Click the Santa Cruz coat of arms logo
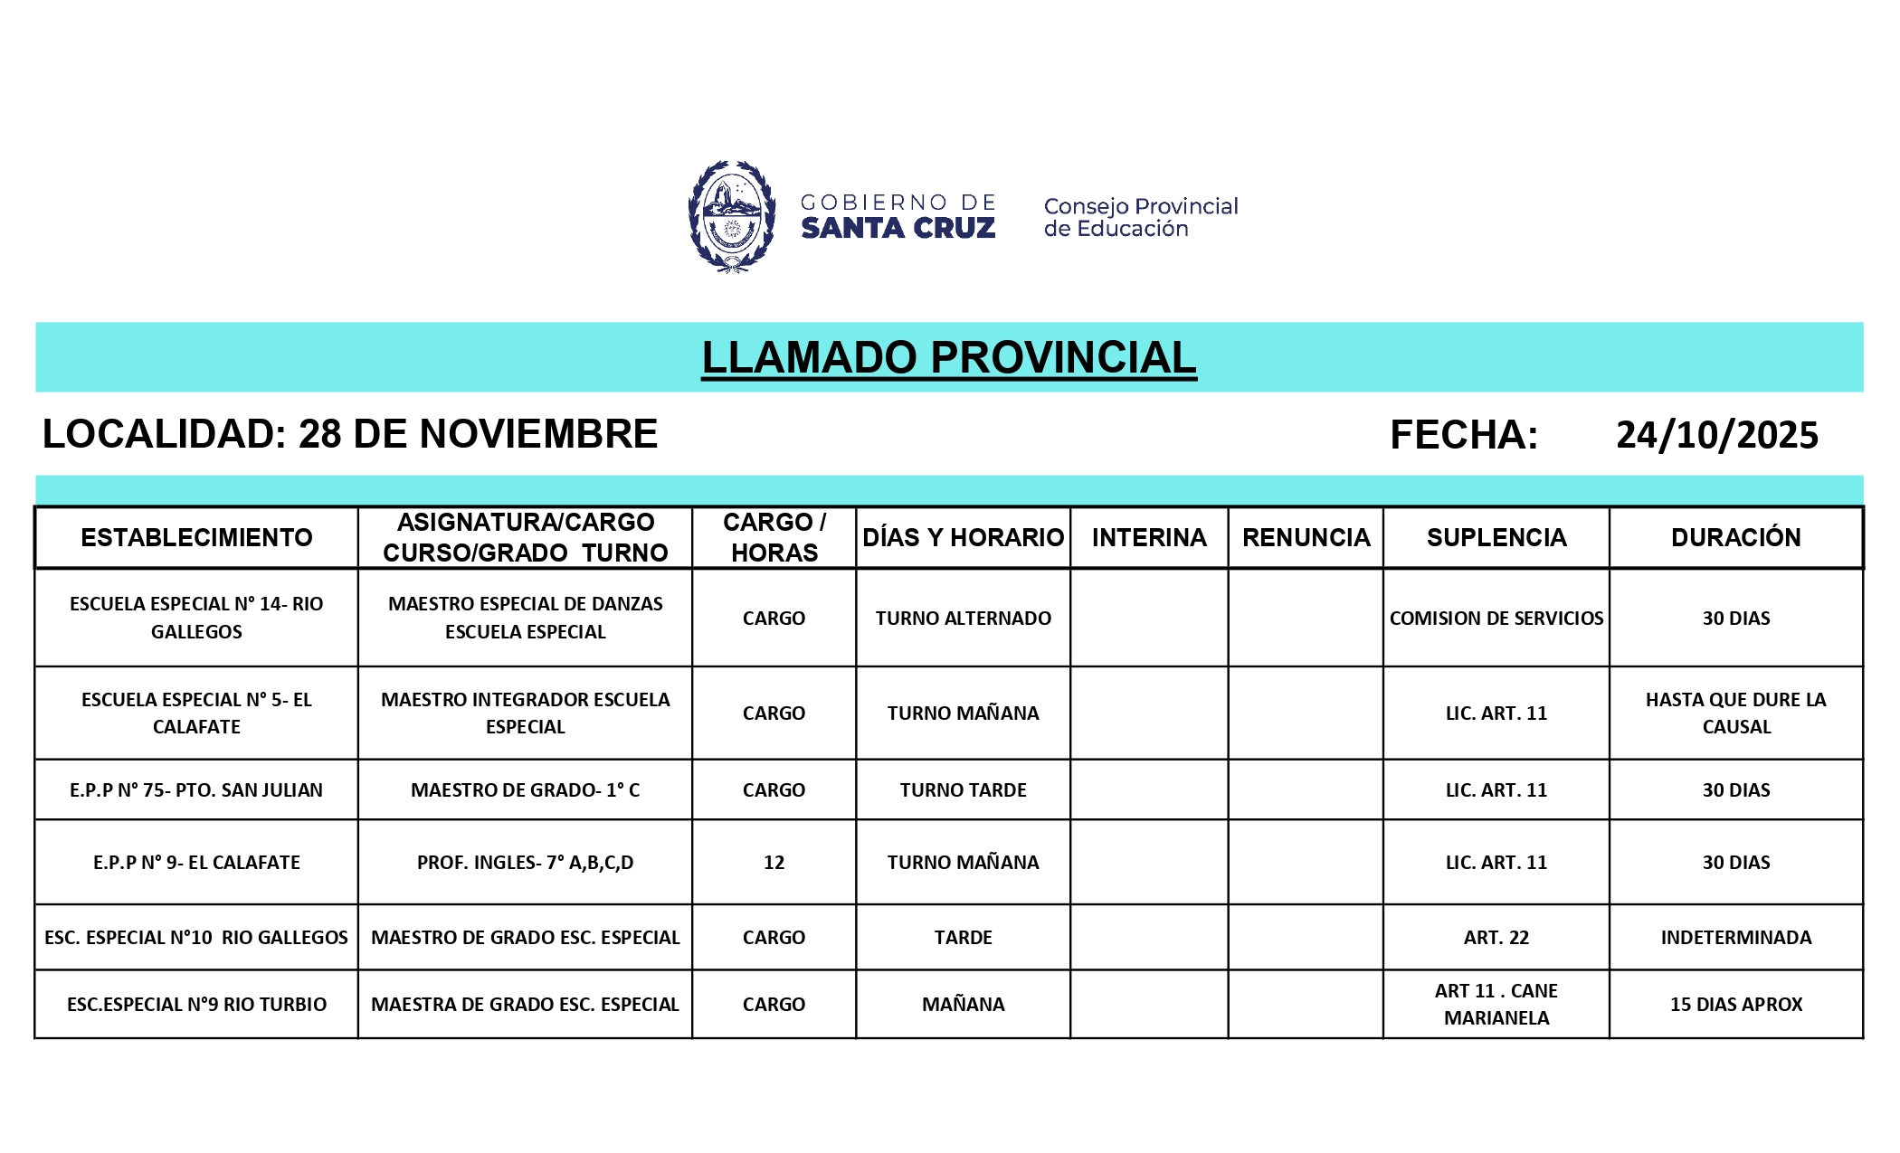point(731,217)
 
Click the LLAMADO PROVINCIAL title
point(948,357)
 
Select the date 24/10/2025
point(1716,435)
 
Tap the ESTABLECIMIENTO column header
point(196,537)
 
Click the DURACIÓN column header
point(1735,537)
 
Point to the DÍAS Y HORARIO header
point(963,537)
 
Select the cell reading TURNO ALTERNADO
point(963,619)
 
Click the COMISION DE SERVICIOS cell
point(1496,619)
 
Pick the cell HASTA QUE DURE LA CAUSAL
point(1735,713)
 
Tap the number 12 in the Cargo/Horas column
point(774,863)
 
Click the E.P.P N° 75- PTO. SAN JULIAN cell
point(196,790)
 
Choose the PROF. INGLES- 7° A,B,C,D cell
point(525,863)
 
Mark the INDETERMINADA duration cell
point(1735,938)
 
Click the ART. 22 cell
point(1496,938)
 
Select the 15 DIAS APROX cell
point(1735,1005)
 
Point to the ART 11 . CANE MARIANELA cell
point(1496,1005)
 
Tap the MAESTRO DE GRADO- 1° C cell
point(525,790)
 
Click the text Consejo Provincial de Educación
point(1140,217)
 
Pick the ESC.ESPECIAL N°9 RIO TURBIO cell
point(196,1005)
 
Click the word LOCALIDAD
point(163,434)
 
